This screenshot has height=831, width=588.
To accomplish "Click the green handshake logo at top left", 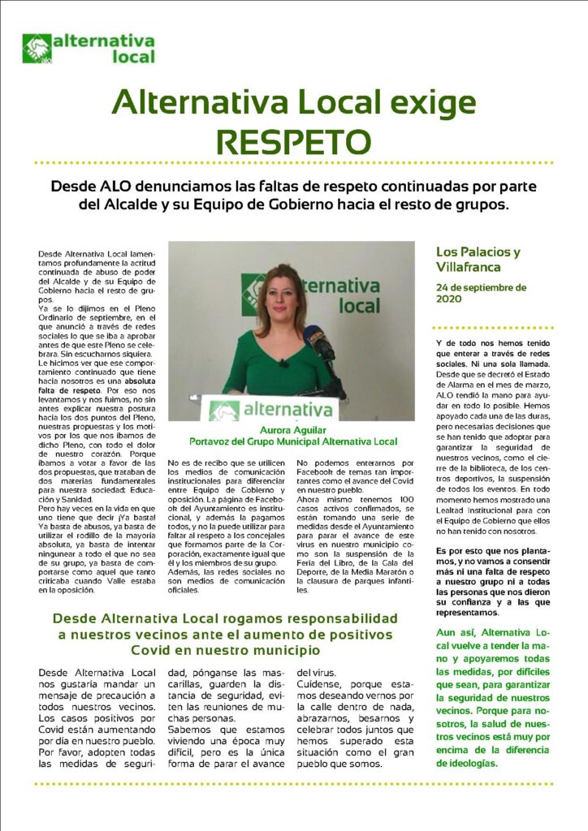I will pos(37,49).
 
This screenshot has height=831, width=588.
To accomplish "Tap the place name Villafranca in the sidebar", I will pos(467,265).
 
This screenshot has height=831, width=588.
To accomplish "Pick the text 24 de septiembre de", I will pos(481,287).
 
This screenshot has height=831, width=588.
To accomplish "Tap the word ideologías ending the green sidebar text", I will pos(473,763).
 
